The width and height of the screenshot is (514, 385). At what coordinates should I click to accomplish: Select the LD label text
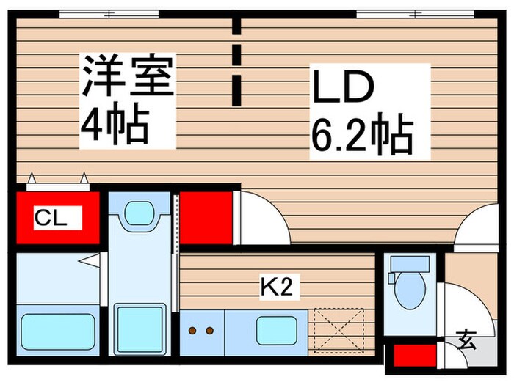pos(344,87)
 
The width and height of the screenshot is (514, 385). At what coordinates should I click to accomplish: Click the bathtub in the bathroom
pos(57,331)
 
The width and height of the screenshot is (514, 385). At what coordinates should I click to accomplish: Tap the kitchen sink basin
pos(277,331)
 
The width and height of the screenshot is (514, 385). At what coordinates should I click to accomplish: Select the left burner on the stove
pos(193,331)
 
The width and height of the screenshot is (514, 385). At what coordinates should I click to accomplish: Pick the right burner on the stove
pos(209,331)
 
